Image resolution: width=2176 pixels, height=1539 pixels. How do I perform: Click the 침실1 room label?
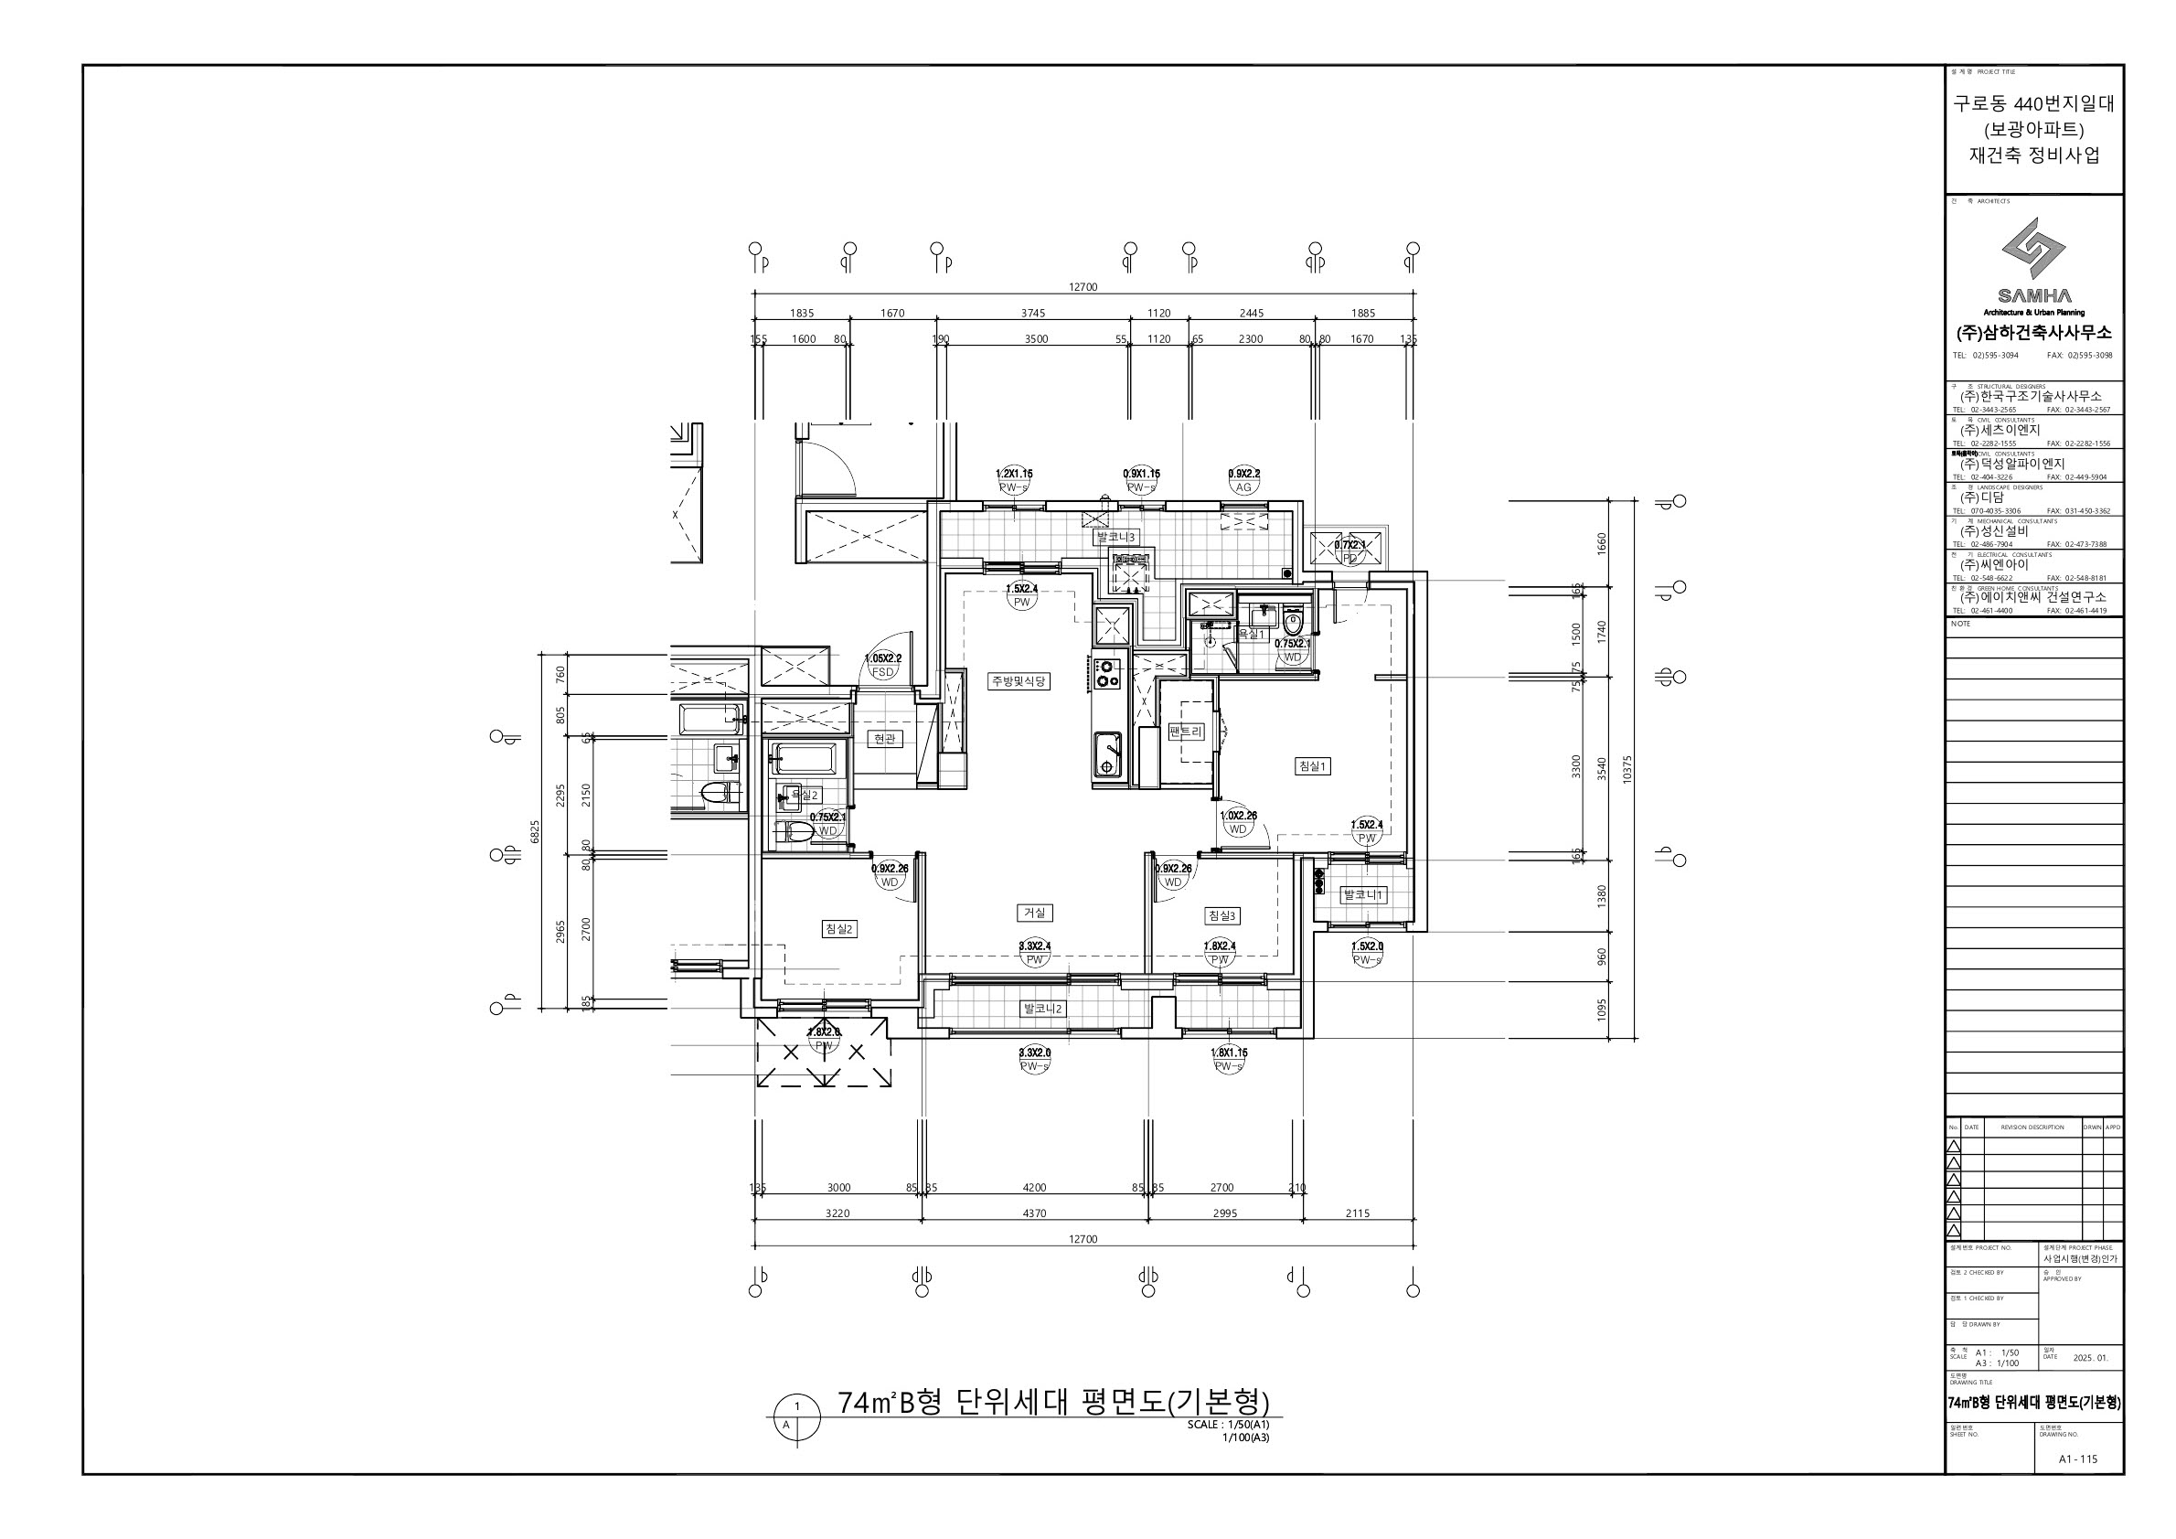[x=1313, y=765]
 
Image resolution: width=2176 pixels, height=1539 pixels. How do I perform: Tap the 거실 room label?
[x=1034, y=913]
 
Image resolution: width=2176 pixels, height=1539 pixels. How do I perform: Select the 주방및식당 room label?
[x=1019, y=680]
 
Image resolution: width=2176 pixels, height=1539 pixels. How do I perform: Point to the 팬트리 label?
[x=1186, y=732]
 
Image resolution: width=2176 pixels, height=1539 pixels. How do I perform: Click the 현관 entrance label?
[x=884, y=738]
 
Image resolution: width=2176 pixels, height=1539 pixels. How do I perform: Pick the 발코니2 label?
[x=1042, y=1009]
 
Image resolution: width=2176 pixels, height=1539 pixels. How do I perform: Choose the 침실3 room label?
[x=1221, y=915]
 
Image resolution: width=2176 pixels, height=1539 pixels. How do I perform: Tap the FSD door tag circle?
[x=882, y=672]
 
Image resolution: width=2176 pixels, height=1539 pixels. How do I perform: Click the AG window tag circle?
[x=1243, y=487]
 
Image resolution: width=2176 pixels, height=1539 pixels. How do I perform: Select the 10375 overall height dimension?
[x=1627, y=767]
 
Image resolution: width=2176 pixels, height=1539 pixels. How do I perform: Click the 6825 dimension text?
[x=535, y=831]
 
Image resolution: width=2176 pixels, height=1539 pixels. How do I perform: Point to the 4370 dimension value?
[x=1035, y=1213]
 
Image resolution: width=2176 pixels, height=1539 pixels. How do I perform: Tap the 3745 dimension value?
[x=1033, y=313]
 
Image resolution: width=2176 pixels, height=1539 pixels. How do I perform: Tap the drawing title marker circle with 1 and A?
[x=797, y=1416]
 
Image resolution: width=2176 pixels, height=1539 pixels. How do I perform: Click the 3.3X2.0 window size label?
[x=1034, y=1052]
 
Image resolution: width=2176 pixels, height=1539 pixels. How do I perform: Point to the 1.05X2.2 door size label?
[x=882, y=657]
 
